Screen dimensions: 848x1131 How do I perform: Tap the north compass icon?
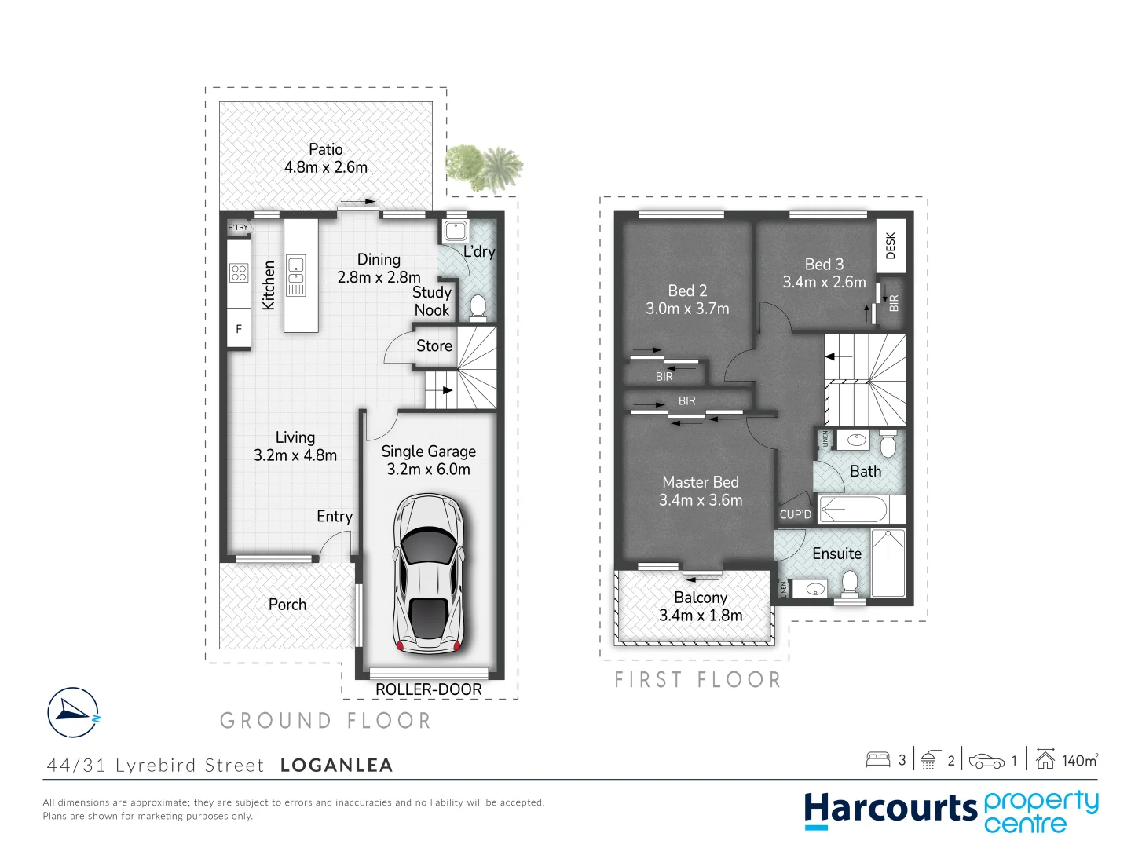coord(73,712)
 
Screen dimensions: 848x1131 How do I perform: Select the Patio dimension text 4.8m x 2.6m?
coord(326,167)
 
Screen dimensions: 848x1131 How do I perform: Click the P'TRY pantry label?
coord(238,228)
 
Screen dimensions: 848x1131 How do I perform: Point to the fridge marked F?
coord(239,329)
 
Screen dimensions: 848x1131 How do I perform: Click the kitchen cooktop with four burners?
coord(239,273)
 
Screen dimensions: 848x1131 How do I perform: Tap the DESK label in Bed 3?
coord(890,245)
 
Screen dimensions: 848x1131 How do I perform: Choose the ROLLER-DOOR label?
coord(428,689)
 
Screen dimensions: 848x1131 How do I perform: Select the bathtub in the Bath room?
coord(854,510)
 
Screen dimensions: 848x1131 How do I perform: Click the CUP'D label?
coord(795,515)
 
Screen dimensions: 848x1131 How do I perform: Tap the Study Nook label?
coord(432,301)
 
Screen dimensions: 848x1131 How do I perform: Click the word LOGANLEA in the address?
coord(336,766)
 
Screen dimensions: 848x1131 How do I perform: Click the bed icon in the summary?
coord(877,759)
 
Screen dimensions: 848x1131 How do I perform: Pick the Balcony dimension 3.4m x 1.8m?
coord(701,616)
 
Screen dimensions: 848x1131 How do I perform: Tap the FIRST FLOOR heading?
coord(697,680)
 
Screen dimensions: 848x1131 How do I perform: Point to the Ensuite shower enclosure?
coord(888,563)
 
